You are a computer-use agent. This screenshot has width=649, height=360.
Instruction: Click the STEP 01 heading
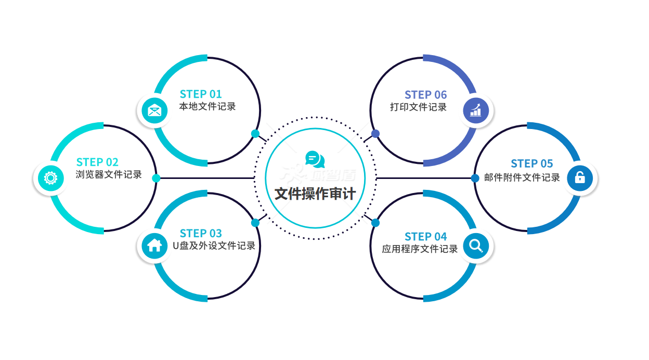point(201,94)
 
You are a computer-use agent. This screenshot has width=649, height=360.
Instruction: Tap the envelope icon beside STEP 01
point(154,110)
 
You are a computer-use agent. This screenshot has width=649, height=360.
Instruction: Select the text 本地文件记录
point(207,107)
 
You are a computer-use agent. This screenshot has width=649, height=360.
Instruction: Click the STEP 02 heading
point(97,162)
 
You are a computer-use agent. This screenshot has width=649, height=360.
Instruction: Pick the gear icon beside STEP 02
point(50,178)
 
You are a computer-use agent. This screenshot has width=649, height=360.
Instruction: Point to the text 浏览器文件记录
point(109,175)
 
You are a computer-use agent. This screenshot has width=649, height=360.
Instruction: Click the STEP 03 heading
point(201,233)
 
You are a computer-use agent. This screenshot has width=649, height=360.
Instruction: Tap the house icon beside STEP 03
point(154,245)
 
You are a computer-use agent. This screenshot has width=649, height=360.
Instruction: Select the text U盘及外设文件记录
point(214,246)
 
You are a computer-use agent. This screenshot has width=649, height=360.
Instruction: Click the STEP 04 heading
point(425,237)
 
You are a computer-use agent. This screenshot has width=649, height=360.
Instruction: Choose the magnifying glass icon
point(476,245)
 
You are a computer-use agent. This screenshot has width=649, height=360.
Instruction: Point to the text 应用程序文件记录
point(420,249)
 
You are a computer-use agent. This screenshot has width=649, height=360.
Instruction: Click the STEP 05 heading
point(531,164)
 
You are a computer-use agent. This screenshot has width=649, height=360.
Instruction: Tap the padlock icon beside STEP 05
point(579,178)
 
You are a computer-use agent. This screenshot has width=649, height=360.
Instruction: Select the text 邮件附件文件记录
point(522,177)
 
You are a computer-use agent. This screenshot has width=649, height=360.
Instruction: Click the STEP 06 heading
point(425,95)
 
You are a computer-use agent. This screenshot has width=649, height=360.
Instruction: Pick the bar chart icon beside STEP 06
point(476,110)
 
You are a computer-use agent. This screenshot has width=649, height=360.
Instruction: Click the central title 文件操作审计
point(315,194)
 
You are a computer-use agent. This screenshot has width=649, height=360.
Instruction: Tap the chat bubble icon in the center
point(315,159)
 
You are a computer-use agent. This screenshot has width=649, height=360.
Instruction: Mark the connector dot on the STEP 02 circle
point(156,178)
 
